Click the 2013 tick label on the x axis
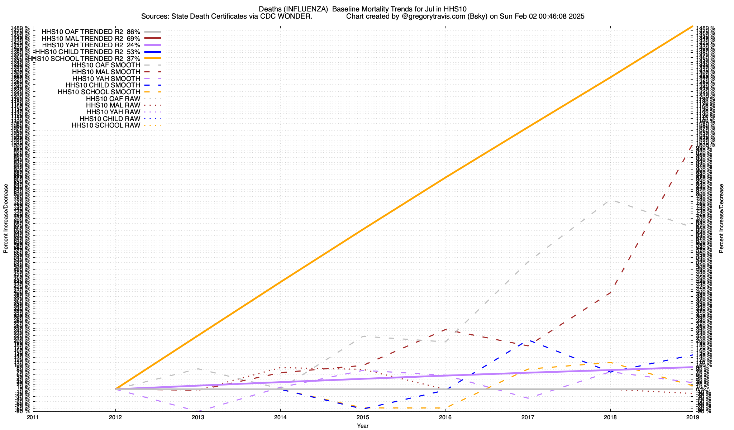tap(198, 417)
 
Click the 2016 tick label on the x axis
tap(445, 417)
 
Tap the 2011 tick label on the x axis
tap(33, 417)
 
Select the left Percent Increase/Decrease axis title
tap(6, 219)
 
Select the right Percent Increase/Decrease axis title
tap(721, 219)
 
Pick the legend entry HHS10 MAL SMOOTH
tap(106, 72)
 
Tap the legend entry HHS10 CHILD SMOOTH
tap(103, 85)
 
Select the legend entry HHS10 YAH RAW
tap(113, 112)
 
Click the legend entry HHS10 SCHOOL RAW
tap(106, 125)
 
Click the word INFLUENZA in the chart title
tap(309, 9)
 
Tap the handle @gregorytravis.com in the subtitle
tap(433, 16)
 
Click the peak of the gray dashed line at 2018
tap(610, 200)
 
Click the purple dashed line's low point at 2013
tap(198, 411)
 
